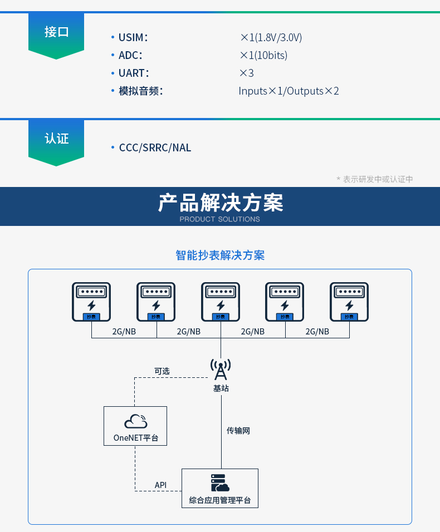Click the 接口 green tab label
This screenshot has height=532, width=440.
pos(56,32)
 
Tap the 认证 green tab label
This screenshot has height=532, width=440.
pos(56,139)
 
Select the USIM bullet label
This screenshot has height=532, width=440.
pos(133,38)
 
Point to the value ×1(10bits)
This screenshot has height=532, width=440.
pos(263,55)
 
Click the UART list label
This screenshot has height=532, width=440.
pos(134,73)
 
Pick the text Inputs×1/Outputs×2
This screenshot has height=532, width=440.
pos(289,91)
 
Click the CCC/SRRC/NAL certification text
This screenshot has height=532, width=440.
pos(155,147)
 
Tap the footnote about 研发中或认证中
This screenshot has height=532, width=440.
pos(374,179)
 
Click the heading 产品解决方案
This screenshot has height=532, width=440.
pos(220,203)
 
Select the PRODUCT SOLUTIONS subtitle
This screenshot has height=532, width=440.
pos(220,219)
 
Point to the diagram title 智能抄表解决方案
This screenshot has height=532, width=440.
pos(220,255)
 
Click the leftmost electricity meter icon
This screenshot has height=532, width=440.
pos(91,302)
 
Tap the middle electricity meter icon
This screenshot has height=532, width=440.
pos(221,302)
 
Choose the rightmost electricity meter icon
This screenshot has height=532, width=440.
pos(349,302)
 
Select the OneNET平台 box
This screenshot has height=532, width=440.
pos(135,426)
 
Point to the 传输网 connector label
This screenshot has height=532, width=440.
pos(238,431)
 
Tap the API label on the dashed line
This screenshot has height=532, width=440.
pos(160,485)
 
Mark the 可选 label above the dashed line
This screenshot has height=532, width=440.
pos(162,371)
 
